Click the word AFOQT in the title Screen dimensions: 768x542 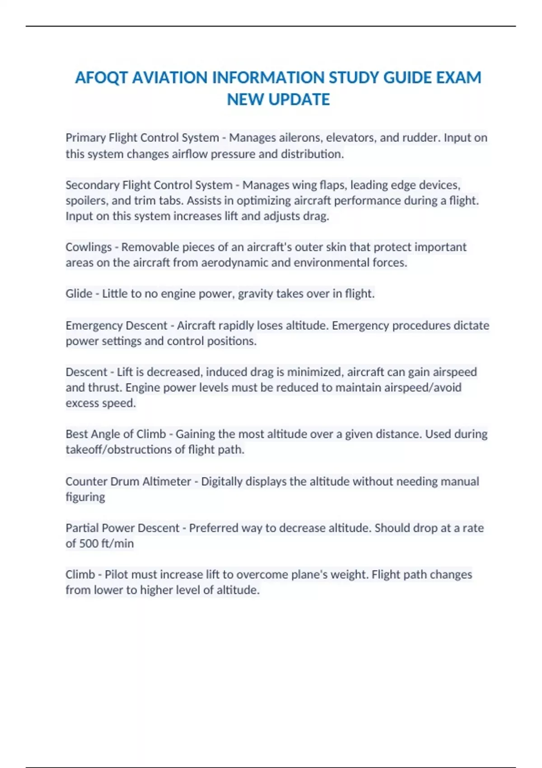pyautogui.click(x=101, y=78)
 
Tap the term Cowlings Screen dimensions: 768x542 pyautogui.click(x=89, y=247)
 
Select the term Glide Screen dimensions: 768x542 pyautogui.click(x=79, y=294)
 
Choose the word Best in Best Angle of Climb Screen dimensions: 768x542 pyautogui.click(x=77, y=434)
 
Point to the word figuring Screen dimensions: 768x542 pyautogui.click(x=85, y=497)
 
